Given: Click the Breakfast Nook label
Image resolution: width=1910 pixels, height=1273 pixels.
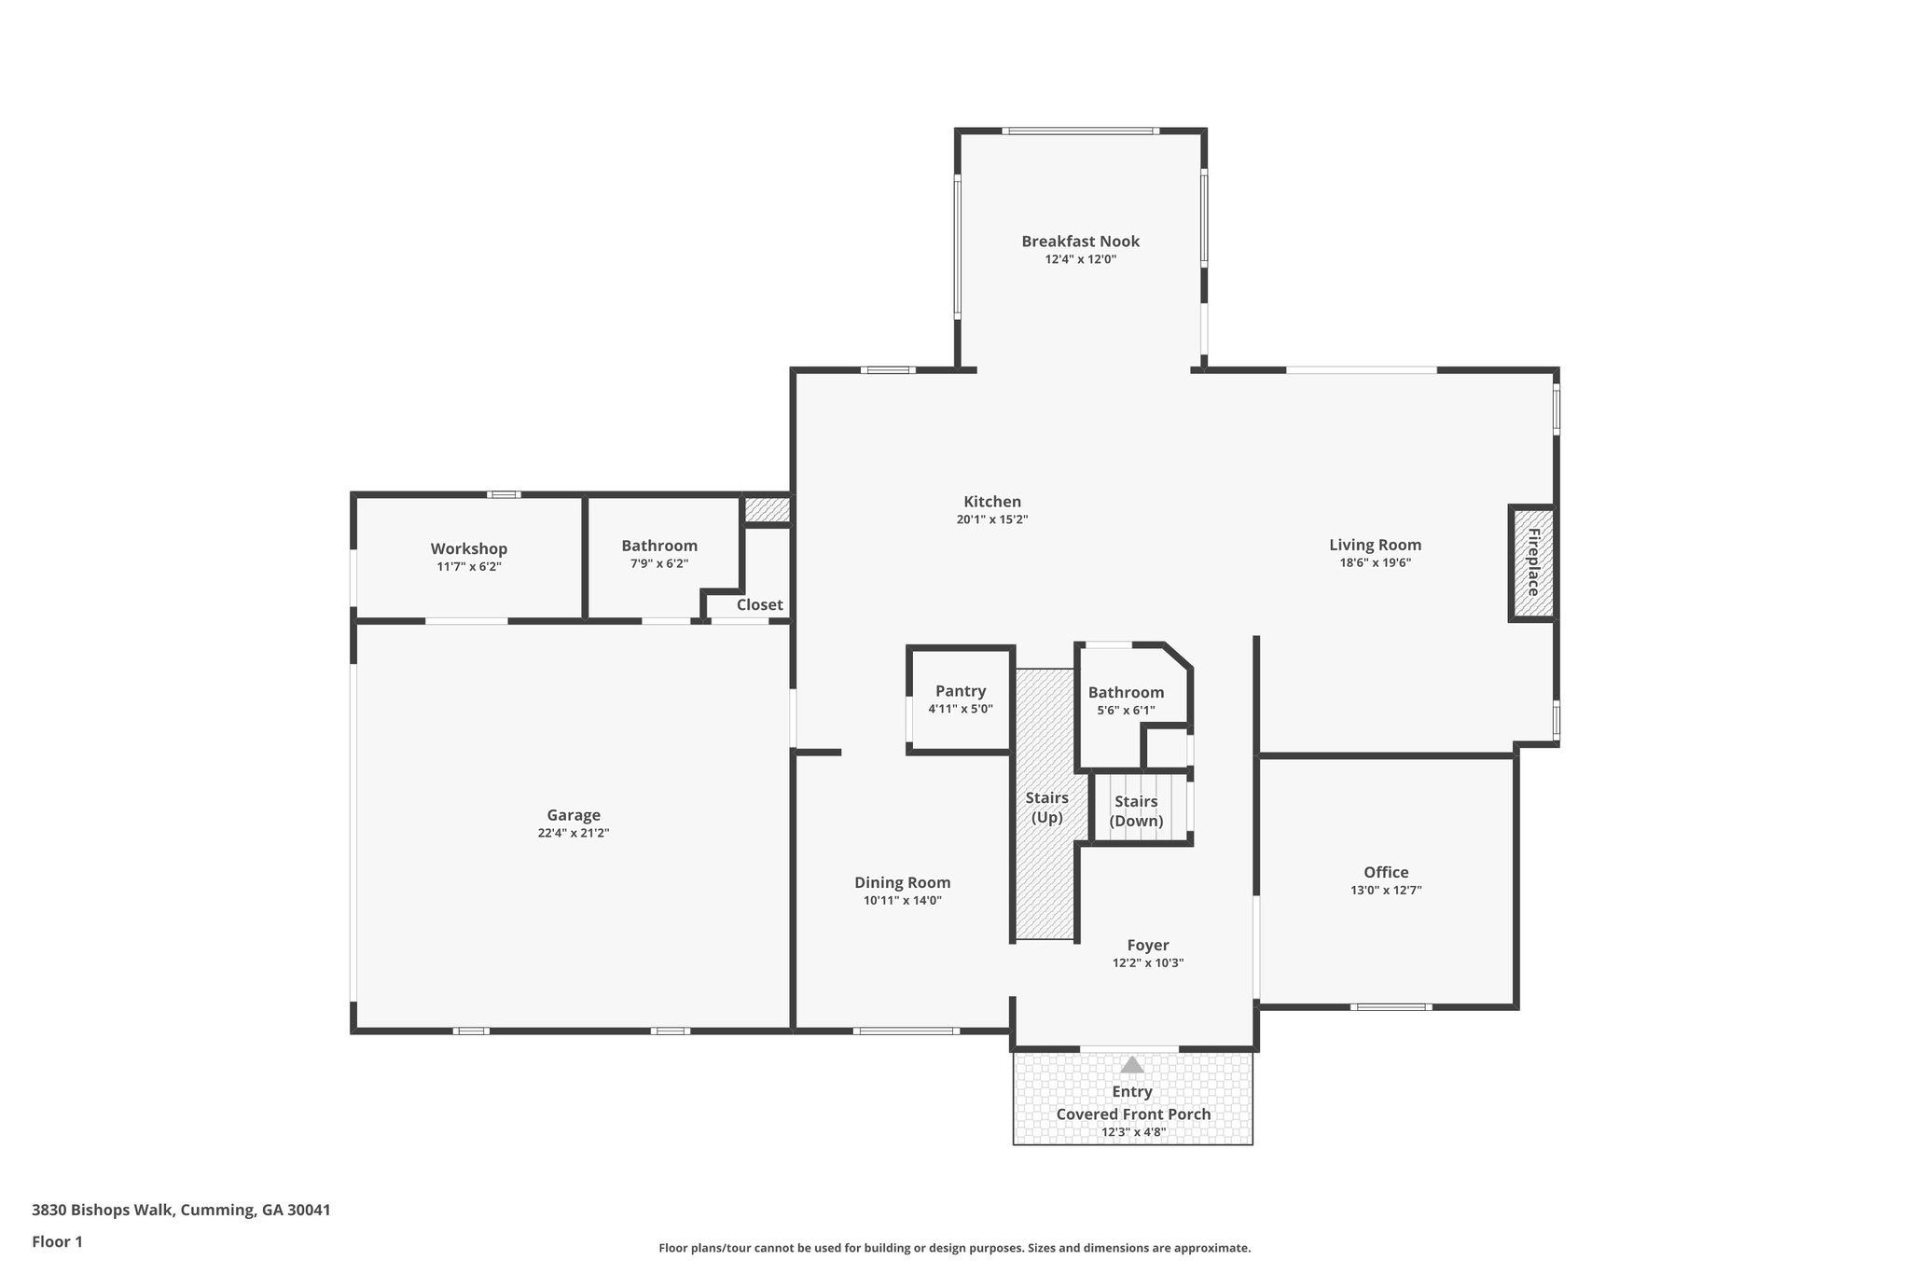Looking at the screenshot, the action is [x=1080, y=242].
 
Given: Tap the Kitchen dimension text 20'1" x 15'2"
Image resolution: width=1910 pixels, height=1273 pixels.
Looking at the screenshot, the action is [x=992, y=519].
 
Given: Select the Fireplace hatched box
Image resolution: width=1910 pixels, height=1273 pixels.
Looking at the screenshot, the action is [x=1532, y=563].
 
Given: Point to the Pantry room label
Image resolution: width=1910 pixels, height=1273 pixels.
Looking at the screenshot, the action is [x=961, y=691].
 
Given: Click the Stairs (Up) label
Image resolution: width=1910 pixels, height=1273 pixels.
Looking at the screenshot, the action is [x=1046, y=808].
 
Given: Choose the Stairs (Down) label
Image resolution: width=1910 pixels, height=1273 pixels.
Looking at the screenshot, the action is [x=1136, y=811].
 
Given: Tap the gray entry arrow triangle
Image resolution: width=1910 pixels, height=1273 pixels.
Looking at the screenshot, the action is [x=1132, y=1064].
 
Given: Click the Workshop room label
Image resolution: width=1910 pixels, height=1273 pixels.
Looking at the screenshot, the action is [x=469, y=549].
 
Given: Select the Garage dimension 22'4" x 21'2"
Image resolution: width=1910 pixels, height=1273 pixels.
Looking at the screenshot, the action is [x=574, y=833].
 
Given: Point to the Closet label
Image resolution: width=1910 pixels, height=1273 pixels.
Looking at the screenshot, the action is [x=760, y=604].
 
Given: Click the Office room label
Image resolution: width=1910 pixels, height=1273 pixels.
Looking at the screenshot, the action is [x=1386, y=872].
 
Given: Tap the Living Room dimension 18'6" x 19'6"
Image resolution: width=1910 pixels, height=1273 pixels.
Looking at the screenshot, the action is [x=1376, y=562].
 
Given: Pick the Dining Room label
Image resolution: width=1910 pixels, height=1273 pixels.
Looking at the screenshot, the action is [x=903, y=883].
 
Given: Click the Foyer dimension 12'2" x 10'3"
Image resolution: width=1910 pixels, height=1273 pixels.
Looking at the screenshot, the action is [x=1148, y=963].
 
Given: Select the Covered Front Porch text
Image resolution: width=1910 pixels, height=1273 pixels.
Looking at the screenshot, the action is [x=1133, y=1114].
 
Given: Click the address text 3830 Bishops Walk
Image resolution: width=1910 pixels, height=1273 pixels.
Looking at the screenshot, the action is [x=103, y=1211].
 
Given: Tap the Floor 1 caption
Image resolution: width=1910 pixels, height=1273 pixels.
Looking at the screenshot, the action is [x=57, y=1241].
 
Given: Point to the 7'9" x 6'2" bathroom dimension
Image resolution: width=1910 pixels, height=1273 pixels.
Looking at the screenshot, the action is [x=659, y=563].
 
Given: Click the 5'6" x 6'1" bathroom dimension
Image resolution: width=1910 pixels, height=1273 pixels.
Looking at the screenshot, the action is [x=1126, y=710].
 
